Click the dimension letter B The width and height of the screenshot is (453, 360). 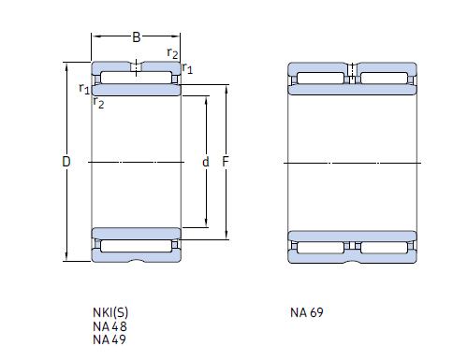pos(136,37)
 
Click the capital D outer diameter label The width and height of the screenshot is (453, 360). pos(66,162)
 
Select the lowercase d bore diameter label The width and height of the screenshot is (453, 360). pos(206,162)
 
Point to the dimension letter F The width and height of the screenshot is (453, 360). pos(226,162)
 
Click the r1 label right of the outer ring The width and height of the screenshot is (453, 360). pos(188,68)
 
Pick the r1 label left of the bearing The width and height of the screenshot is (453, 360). pos(84,89)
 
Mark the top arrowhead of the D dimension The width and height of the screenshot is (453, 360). pos(66,65)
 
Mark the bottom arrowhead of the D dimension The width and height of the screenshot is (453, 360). pos(66,259)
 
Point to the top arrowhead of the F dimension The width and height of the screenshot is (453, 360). pos(226,88)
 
